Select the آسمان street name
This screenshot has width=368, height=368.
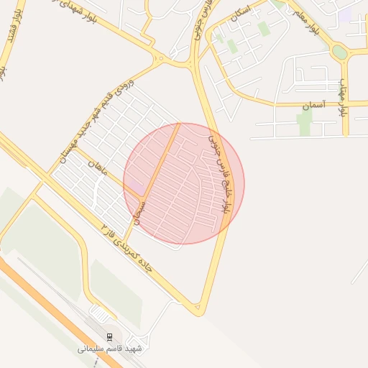[314, 105]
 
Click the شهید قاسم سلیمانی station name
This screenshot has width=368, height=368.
[110, 349]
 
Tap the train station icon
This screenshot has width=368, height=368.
[109, 336]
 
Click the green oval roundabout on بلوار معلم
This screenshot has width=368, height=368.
[339, 52]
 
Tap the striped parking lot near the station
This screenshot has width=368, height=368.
[101, 314]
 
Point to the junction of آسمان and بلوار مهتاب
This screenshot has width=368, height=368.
[346, 105]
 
